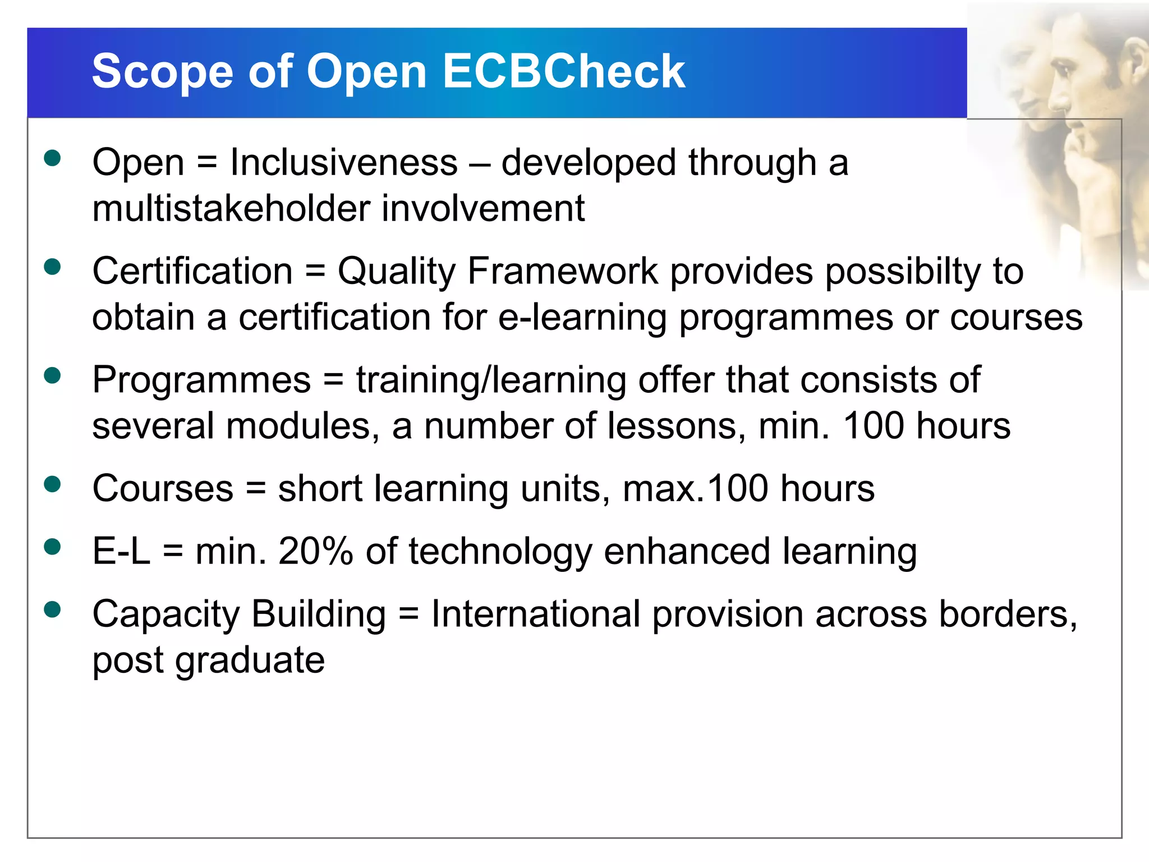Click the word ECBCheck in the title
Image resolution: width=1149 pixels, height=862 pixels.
click(x=563, y=71)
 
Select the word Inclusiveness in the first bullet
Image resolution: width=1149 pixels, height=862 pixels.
click(x=344, y=163)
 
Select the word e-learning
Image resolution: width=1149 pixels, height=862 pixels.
click(x=582, y=318)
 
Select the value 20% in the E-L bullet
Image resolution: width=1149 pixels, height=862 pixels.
click(x=315, y=551)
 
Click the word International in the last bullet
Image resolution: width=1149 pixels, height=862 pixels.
click(x=536, y=614)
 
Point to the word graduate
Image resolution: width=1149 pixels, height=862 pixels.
click(x=250, y=661)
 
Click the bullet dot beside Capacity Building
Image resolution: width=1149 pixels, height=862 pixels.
click(x=52, y=609)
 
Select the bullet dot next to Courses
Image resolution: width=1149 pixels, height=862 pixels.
click(x=52, y=484)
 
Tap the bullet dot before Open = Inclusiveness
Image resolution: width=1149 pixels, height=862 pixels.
click(x=52, y=158)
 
